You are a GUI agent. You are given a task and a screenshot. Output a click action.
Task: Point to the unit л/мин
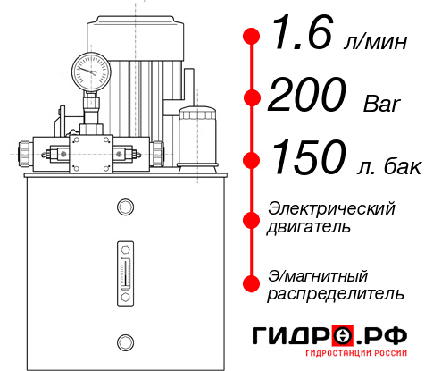375,40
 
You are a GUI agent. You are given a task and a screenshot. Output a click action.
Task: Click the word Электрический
331,208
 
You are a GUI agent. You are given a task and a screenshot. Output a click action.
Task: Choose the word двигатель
309,227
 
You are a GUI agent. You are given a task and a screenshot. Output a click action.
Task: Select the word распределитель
336,293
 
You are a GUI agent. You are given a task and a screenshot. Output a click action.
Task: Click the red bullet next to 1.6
251,37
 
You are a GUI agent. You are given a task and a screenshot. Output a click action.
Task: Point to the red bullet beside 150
251,160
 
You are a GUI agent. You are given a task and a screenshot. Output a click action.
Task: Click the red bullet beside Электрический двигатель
251,218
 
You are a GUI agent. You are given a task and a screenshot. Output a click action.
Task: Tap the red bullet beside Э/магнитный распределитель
251,283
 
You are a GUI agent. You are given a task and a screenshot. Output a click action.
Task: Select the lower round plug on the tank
124,341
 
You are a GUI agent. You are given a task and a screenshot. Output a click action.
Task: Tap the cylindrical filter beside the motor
197,134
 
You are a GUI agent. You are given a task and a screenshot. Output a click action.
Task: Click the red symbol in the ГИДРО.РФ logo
343,335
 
